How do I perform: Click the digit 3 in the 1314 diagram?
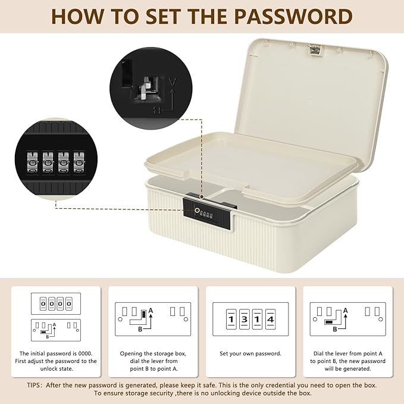(x=244, y=320)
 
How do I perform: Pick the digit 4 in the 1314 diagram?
(x=270, y=320)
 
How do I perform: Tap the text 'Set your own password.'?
(x=250, y=353)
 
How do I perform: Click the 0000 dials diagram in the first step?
(x=56, y=304)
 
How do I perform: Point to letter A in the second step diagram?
(x=151, y=311)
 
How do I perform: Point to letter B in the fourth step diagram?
(x=335, y=329)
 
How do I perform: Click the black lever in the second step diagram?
(x=144, y=314)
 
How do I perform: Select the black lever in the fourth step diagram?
(x=329, y=322)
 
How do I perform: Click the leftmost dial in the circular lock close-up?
(x=33, y=162)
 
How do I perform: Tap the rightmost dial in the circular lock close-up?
(x=79, y=162)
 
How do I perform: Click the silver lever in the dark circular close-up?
(x=145, y=87)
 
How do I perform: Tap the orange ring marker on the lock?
(x=197, y=211)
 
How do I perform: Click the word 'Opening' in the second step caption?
(x=131, y=354)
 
